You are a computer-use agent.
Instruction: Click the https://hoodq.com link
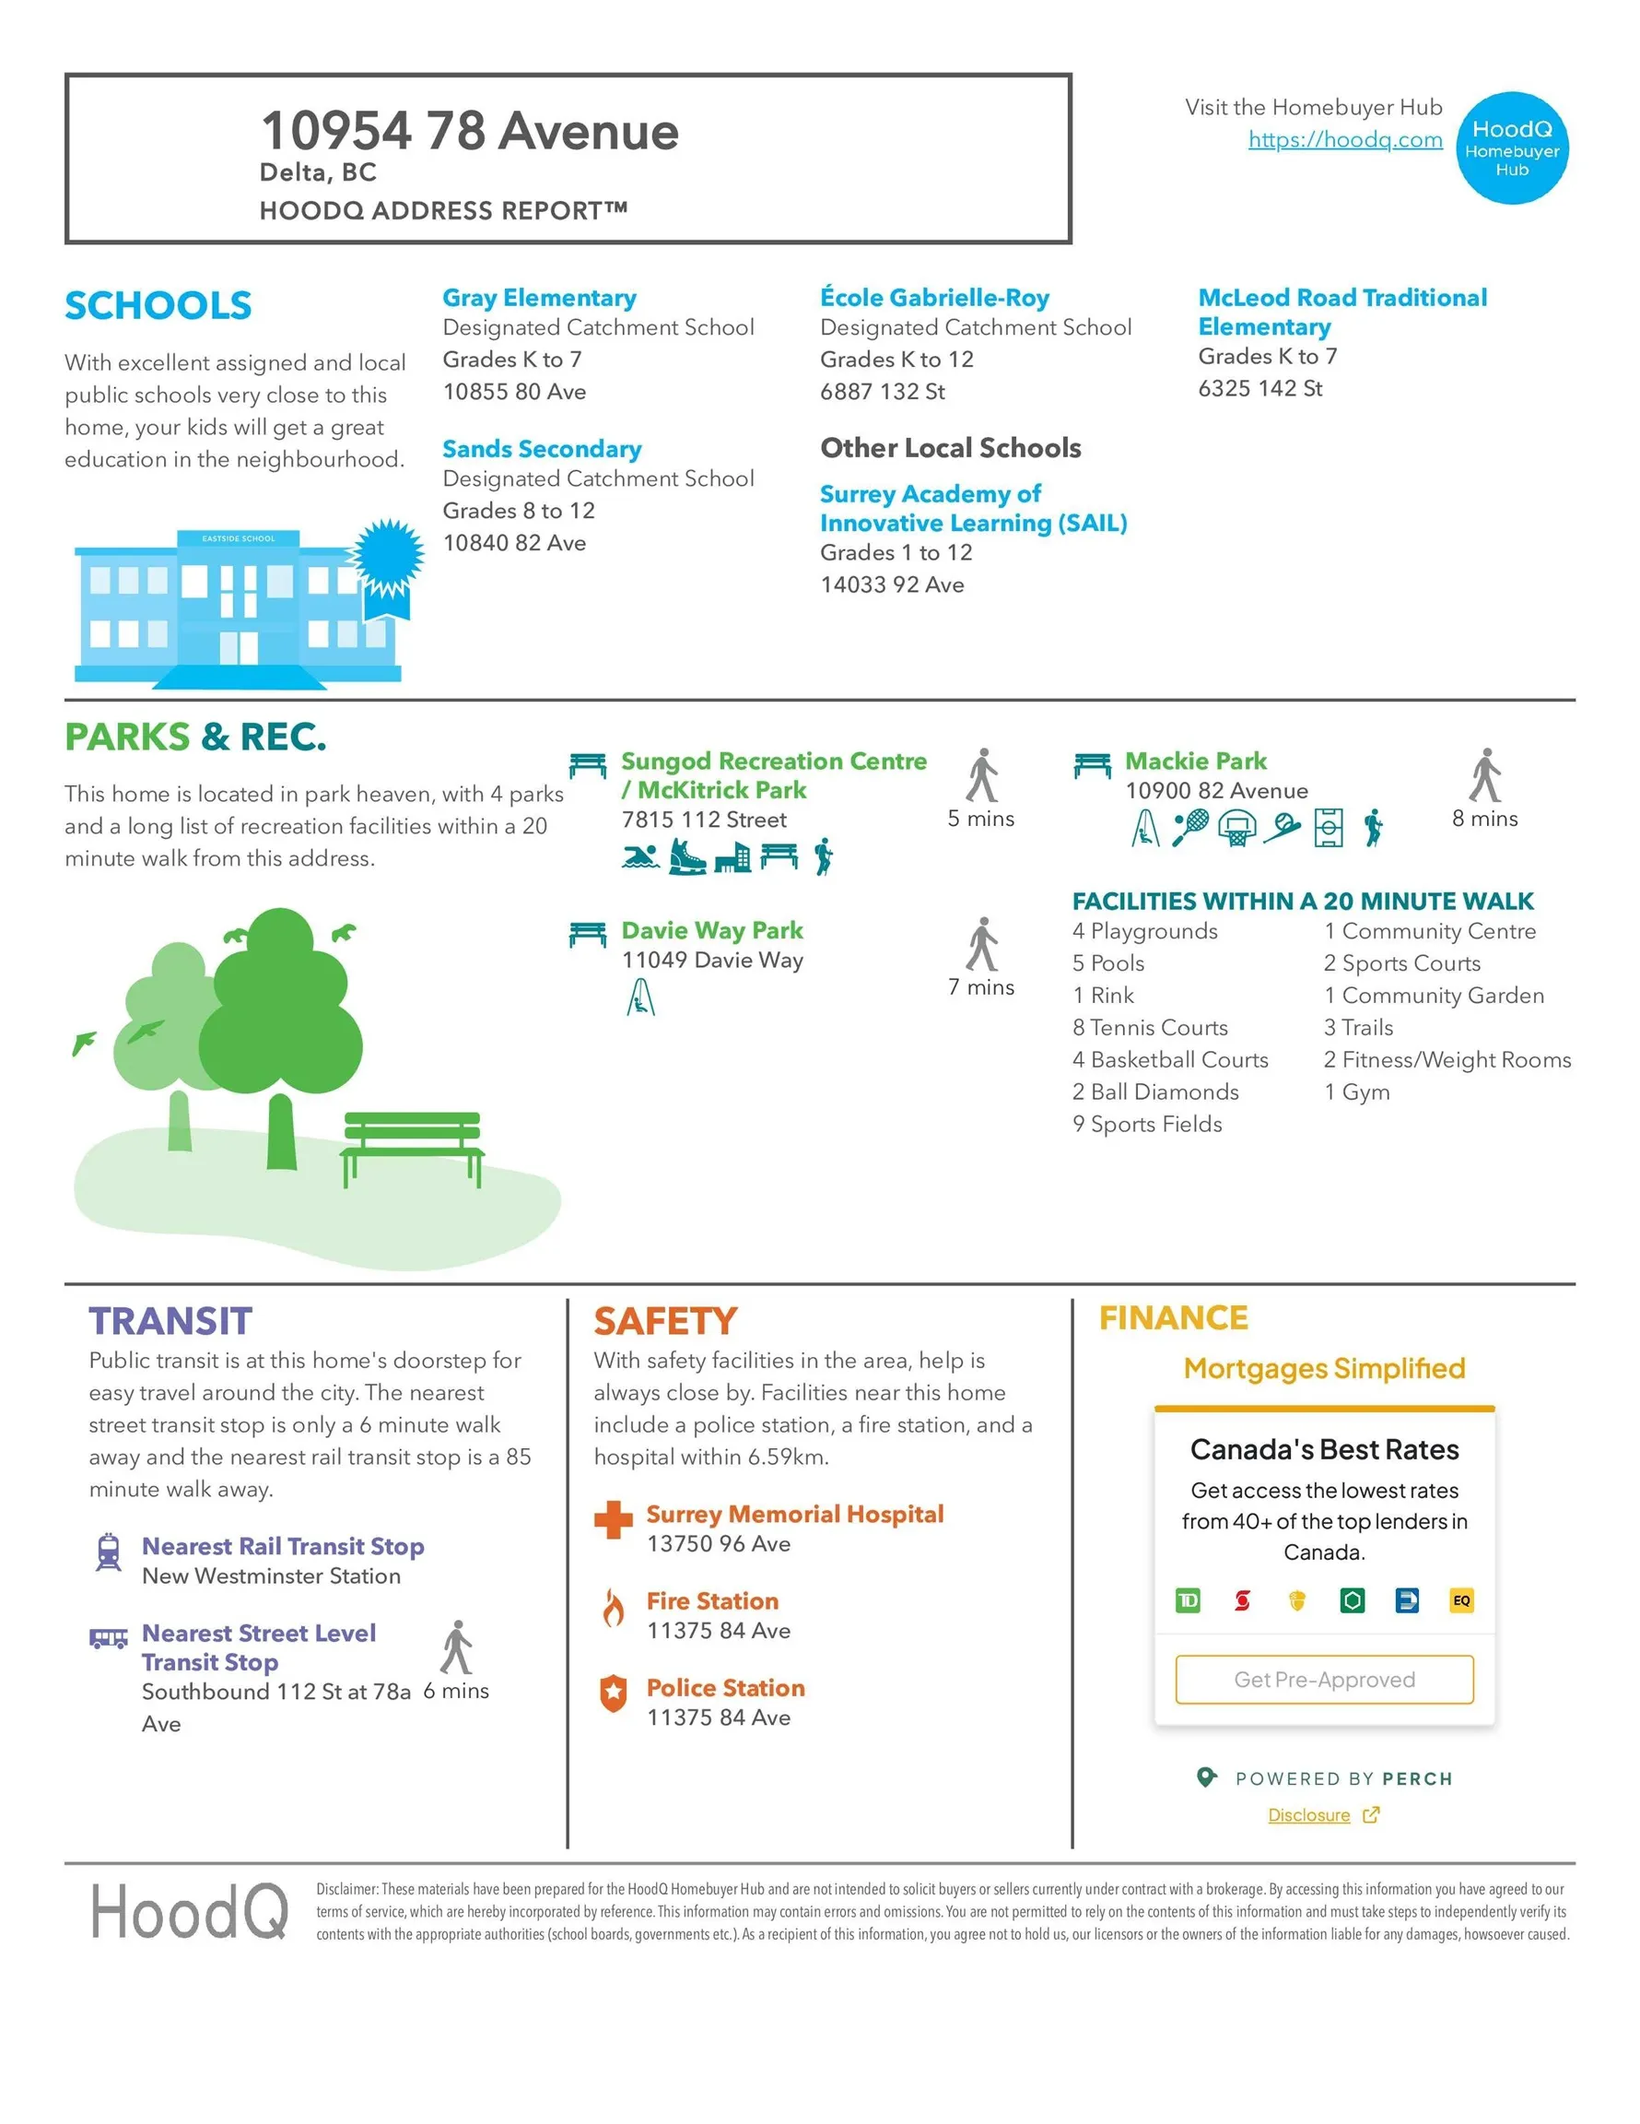[x=1344, y=140]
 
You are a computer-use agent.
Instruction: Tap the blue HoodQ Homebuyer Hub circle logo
[x=1511, y=148]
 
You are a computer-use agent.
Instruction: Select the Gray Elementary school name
[x=540, y=298]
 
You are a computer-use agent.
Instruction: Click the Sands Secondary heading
[x=542, y=449]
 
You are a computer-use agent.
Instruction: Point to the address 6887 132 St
[x=882, y=392]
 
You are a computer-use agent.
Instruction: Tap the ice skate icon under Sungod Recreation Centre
[x=686, y=856]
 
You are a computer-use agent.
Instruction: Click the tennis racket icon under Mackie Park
[x=1189, y=828]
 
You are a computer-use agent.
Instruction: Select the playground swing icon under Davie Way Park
[x=640, y=997]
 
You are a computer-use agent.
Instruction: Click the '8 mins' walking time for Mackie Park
[x=1483, y=819]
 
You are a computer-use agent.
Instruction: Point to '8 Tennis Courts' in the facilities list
[x=1149, y=1028]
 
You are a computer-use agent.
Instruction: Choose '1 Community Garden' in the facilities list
[x=1433, y=996]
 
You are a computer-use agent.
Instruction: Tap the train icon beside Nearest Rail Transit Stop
[x=109, y=1552]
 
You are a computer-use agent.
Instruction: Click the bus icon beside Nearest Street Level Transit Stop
[x=109, y=1639]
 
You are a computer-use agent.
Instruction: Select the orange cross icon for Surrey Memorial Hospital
[x=613, y=1520]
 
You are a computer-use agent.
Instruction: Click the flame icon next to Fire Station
[x=613, y=1608]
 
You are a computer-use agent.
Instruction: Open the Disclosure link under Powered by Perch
[x=1308, y=1816]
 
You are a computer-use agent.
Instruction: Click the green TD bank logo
[x=1187, y=1600]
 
